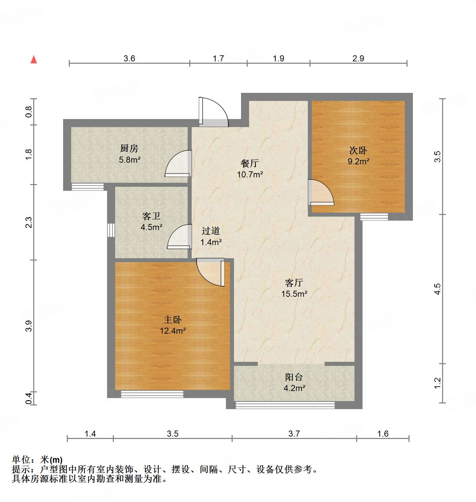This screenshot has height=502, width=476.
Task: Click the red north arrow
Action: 34,59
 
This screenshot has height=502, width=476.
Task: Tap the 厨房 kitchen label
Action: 129,148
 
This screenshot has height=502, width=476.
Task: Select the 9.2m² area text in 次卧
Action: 358,161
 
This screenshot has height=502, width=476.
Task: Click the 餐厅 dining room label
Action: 250,163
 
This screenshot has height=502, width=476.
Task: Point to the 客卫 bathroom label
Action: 151,216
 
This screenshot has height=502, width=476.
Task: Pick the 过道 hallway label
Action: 211,231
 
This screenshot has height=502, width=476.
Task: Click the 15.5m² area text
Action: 294,294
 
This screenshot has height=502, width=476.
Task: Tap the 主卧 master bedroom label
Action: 173,320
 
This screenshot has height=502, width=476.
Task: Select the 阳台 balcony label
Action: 294,377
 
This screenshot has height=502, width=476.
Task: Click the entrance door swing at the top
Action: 213,112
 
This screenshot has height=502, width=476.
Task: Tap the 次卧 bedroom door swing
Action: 321,193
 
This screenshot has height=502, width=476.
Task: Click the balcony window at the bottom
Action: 285,405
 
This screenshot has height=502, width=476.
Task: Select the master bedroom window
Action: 152,394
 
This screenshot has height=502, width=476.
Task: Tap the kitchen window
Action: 88,187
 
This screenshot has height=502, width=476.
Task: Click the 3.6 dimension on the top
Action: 129,58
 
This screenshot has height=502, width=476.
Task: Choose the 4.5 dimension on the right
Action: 437,289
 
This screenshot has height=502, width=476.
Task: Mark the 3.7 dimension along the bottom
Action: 294,434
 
